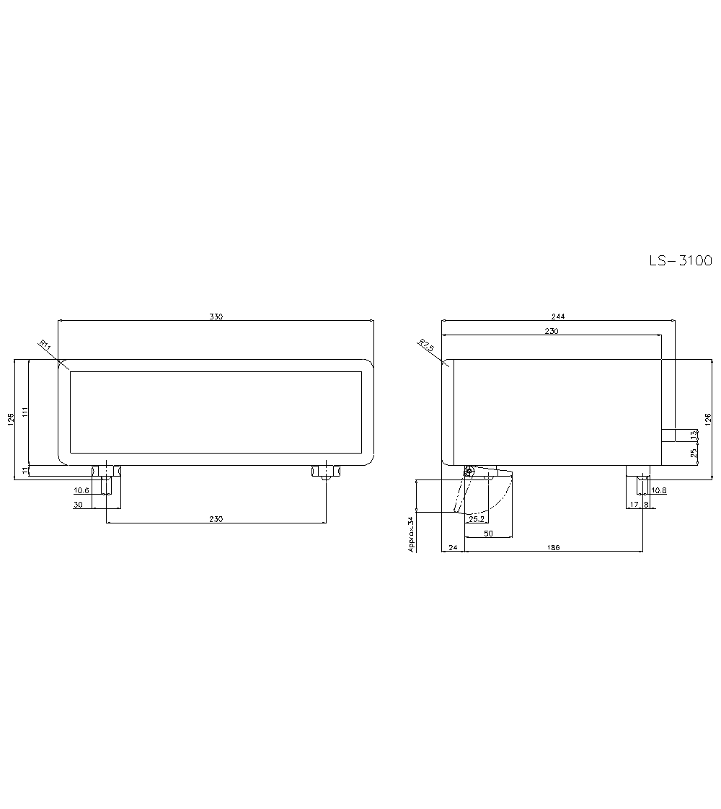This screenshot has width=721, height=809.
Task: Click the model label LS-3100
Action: (680, 261)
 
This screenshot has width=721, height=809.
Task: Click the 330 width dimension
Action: (216, 317)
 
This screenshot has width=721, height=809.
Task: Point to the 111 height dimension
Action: (25, 412)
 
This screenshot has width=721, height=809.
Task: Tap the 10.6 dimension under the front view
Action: (81, 491)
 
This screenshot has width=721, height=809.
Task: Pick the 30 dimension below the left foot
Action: (78, 505)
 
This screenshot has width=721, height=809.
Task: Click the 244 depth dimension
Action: (558, 316)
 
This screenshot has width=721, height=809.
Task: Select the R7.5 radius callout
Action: (427, 345)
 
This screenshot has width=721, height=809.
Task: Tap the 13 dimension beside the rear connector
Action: (694, 436)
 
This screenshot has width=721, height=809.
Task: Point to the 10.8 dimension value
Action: (659, 491)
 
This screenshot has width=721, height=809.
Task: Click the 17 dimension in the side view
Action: (634, 505)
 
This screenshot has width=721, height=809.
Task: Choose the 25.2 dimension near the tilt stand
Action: (476, 519)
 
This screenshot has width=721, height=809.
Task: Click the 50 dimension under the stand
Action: (488, 533)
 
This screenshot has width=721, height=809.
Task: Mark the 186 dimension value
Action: (553, 548)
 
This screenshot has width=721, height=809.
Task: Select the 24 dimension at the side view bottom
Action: (453, 548)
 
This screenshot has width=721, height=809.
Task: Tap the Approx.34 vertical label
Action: (412, 534)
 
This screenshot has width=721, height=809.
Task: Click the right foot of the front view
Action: (326, 472)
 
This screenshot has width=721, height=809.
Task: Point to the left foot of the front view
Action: (105, 472)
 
